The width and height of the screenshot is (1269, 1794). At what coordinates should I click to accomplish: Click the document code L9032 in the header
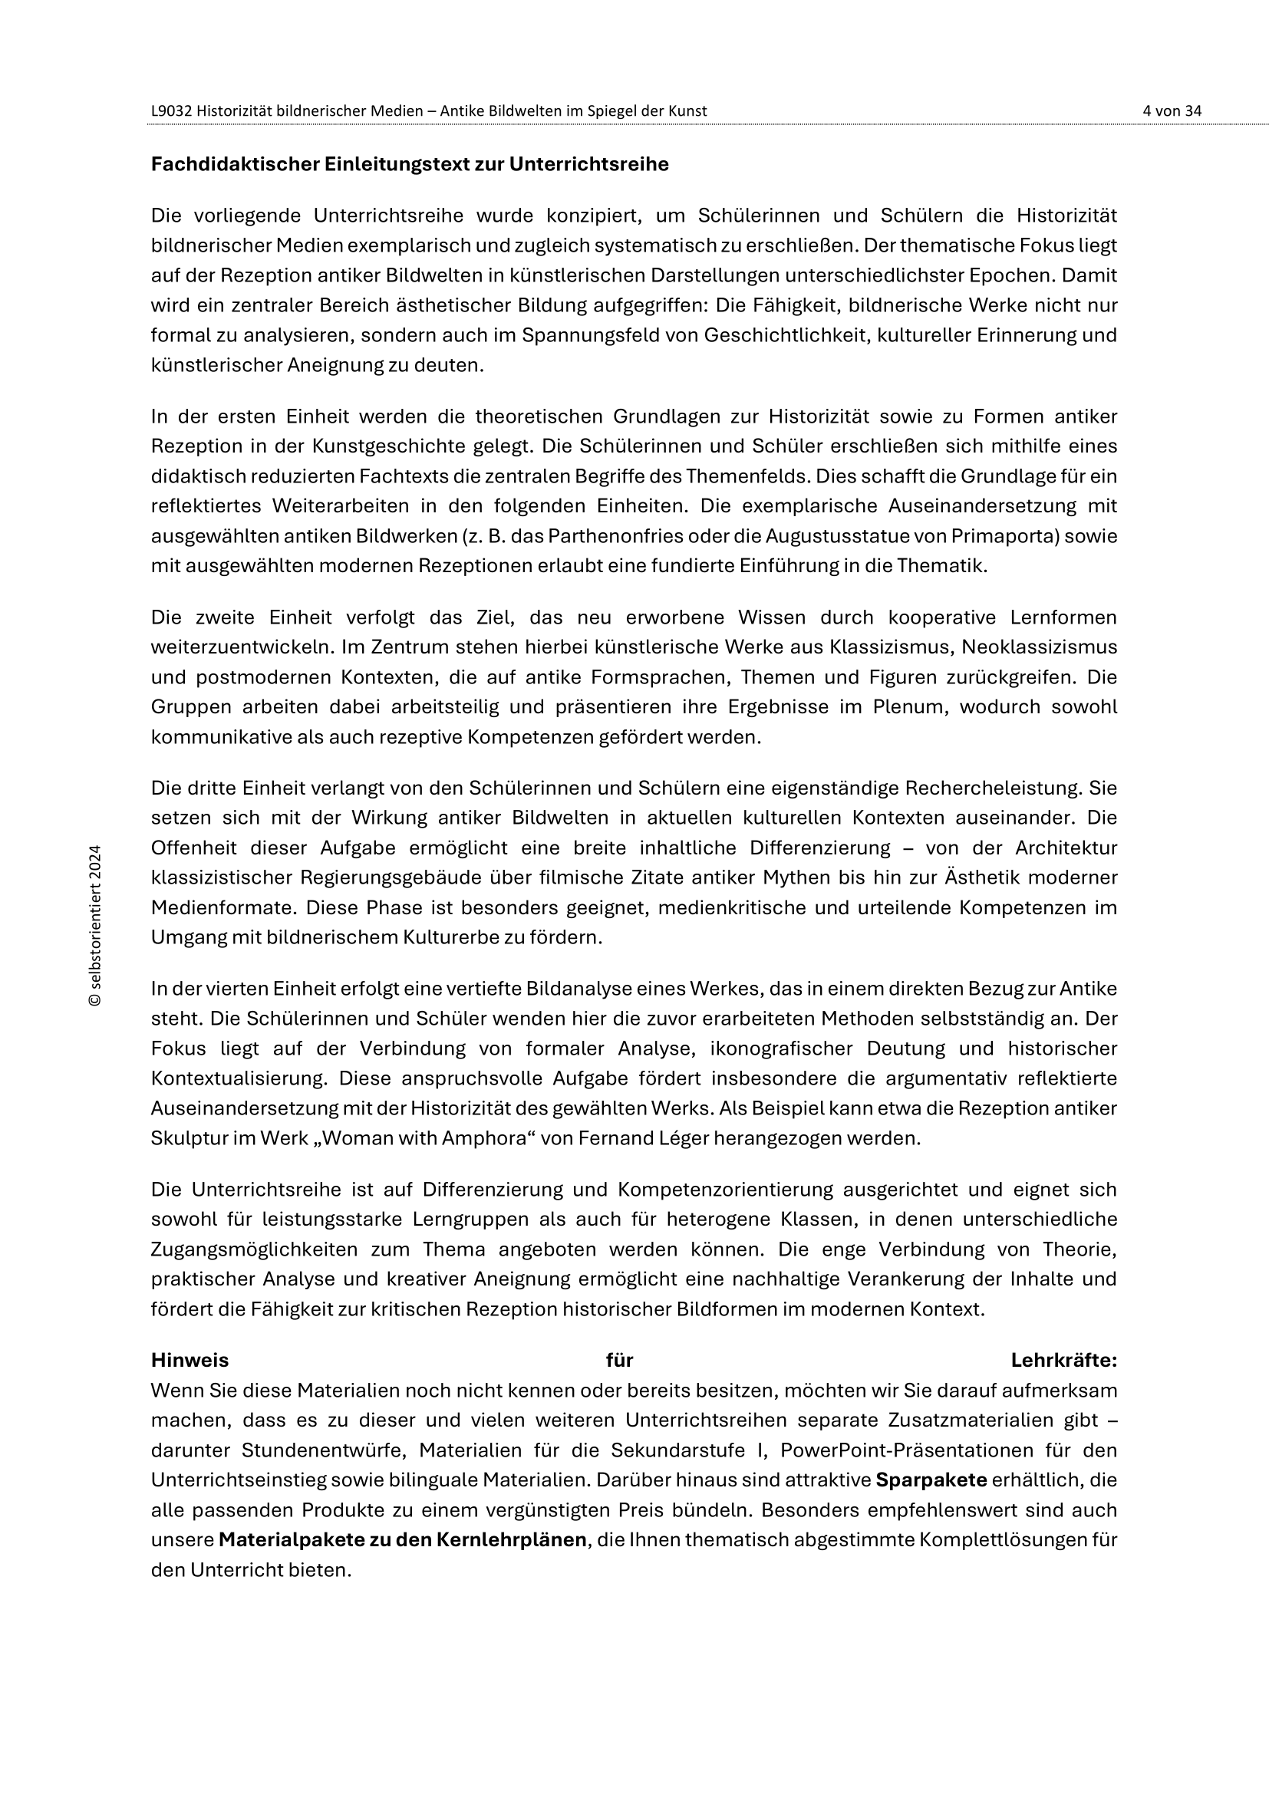coord(171,111)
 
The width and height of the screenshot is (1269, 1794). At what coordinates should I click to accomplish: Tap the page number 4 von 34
coord(1172,111)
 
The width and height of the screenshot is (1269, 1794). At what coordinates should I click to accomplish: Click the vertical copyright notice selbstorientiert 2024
coord(95,926)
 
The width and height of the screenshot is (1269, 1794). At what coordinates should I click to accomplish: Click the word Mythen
coord(793,877)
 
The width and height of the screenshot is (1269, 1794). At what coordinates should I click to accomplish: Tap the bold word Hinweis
coord(190,1361)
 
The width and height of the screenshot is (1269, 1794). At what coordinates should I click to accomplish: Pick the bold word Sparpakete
coord(931,1480)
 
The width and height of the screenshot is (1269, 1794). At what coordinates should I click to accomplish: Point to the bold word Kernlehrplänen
coord(511,1539)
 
